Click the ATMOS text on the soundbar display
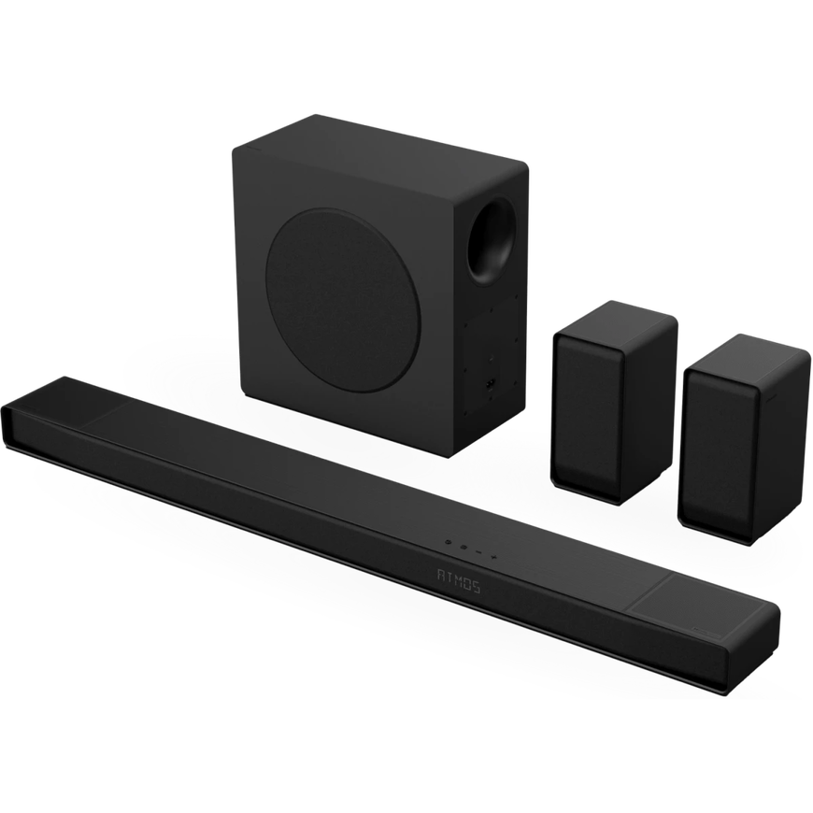[x=459, y=581]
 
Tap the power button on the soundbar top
[x=449, y=541]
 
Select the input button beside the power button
[x=464, y=547]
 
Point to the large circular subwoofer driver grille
[x=343, y=301]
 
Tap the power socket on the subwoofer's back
[x=489, y=385]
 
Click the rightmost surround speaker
[x=743, y=438]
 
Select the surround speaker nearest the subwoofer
[x=613, y=403]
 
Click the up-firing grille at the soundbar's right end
[x=692, y=601]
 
